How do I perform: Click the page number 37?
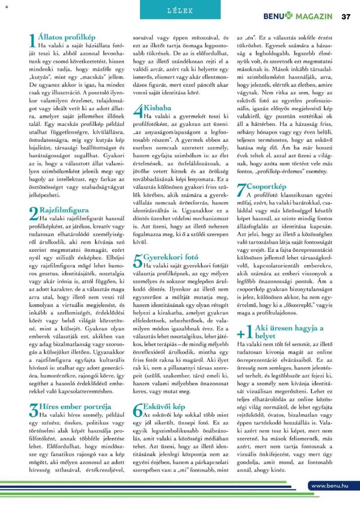346,17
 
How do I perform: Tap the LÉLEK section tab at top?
180,10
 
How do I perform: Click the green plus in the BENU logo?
288,17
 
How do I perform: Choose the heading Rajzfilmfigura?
64,210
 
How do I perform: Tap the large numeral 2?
33,214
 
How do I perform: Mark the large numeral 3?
33,411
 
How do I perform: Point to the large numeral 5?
138,261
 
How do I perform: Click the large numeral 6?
138,411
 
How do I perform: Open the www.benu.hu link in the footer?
330,485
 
